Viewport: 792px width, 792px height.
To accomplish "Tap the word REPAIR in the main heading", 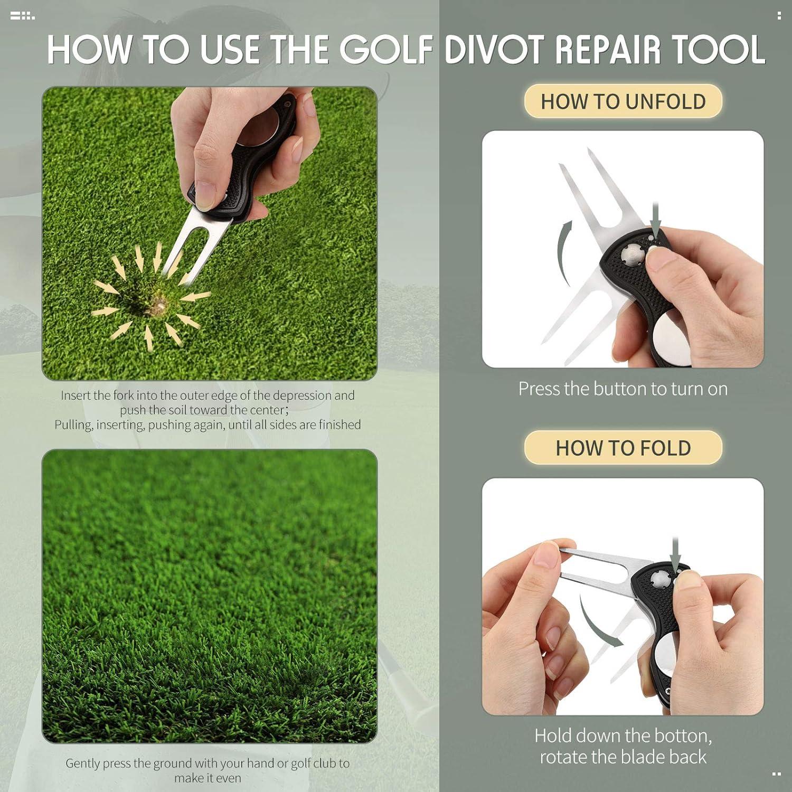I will pos(628,49).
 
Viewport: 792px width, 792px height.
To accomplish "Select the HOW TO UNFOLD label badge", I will pos(623,101).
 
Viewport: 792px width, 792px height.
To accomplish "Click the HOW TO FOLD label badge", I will pos(623,448).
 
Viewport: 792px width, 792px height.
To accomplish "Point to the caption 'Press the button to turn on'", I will pos(623,389).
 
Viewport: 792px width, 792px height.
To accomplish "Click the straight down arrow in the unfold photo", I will pos(655,219).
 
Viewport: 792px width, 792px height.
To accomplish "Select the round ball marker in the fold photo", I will pos(666,655).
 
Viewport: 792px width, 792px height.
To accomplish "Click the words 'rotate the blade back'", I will pos(623,757).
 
